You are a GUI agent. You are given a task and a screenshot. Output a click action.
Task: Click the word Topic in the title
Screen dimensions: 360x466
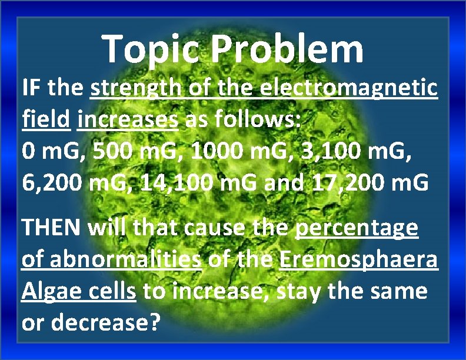point(154,49)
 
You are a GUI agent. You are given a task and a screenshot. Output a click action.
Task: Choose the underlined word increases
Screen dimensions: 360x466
point(128,121)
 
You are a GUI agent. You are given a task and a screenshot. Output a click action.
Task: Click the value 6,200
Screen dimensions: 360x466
point(58,184)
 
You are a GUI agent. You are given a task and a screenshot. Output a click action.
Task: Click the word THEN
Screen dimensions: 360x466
point(52,228)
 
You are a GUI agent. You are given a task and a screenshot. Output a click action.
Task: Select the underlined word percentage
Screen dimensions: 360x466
point(357,228)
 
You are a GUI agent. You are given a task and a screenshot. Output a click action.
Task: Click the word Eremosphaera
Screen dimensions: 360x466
point(359,260)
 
